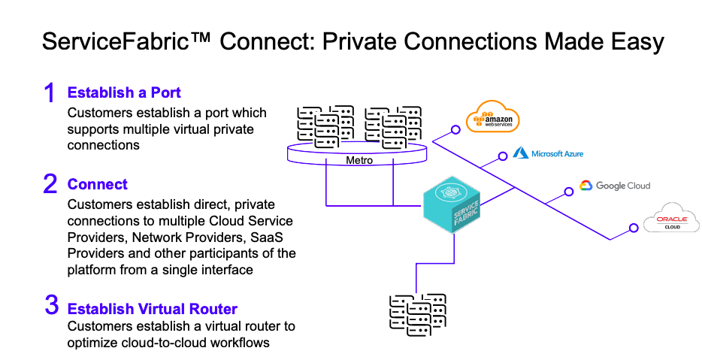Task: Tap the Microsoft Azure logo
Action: click(x=548, y=153)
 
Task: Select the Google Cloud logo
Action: click(x=614, y=186)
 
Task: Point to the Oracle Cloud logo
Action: click(x=667, y=220)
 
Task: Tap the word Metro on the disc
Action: click(x=359, y=160)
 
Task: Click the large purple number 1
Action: click(x=49, y=93)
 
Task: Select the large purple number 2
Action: click(x=50, y=184)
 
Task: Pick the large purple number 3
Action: click(x=50, y=305)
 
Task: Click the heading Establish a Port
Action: click(x=124, y=93)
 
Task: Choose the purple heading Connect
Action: click(x=98, y=184)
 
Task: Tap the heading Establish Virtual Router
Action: click(x=153, y=309)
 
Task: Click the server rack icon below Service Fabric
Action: click(x=414, y=315)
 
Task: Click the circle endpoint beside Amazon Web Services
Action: click(x=455, y=129)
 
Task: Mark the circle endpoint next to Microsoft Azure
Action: click(x=503, y=158)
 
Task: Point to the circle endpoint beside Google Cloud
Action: click(x=569, y=189)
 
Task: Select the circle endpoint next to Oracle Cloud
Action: click(x=632, y=224)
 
